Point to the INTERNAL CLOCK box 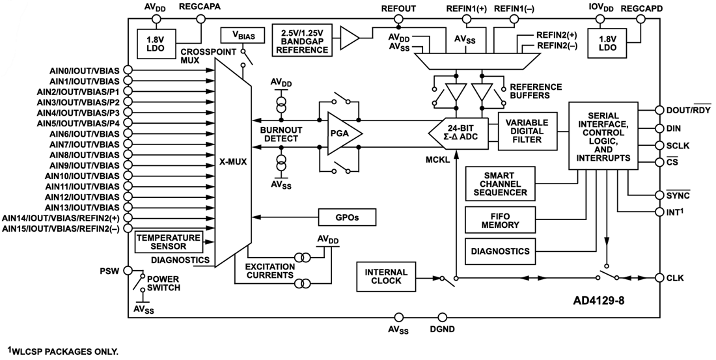coord(386,277)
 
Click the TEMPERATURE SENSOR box coord(161,242)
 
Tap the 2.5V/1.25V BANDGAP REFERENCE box coord(305,40)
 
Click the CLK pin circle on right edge coord(660,278)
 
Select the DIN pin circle coord(660,128)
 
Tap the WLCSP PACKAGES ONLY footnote coord(62,352)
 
